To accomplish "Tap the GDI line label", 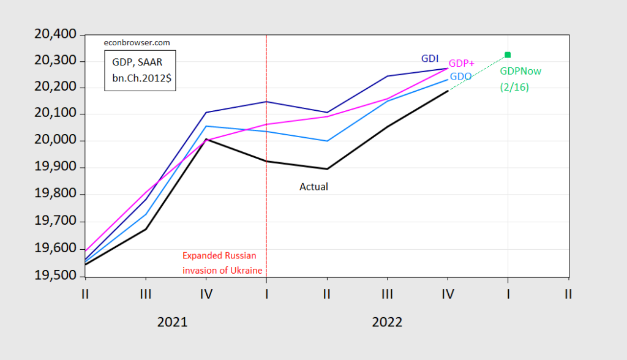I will click(429, 59).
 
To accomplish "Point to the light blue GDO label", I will click(460, 77).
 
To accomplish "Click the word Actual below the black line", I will click(313, 187).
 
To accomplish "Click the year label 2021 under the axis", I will click(173, 321).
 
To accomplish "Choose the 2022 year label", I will click(387, 321).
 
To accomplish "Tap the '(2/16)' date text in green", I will click(514, 87).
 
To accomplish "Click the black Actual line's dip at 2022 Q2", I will click(326, 169).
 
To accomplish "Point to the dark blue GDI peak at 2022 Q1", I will click(266, 102).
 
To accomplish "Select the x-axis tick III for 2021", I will click(145, 294).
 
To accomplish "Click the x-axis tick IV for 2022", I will click(448, 294).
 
